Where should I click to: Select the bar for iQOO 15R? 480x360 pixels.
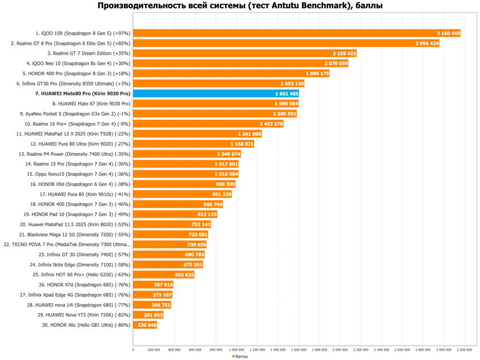pyautogui.click(x=296, y=33)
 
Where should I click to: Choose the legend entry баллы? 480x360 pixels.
pyautogui.click(x=240, y=356)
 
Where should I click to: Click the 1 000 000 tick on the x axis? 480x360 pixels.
pyautogui.click(x=237, y=350)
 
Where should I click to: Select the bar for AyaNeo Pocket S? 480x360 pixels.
pyautogui.click(x=215, y=114)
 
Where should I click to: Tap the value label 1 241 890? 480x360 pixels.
pyautogui.click(x=249, y=134)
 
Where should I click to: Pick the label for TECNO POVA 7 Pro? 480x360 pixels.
pyautogui.click(x=67, y=244)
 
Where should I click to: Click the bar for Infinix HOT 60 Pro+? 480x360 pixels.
pyautogui.click(x=164, y=275)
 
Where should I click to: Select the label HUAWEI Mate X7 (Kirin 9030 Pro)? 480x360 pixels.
pyautogui.click(x=91, y=104)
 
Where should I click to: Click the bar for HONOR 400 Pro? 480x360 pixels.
pyautogui.click(x=231, y=74)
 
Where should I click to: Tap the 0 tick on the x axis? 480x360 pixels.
pyautogui.click(x=133, y=350)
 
